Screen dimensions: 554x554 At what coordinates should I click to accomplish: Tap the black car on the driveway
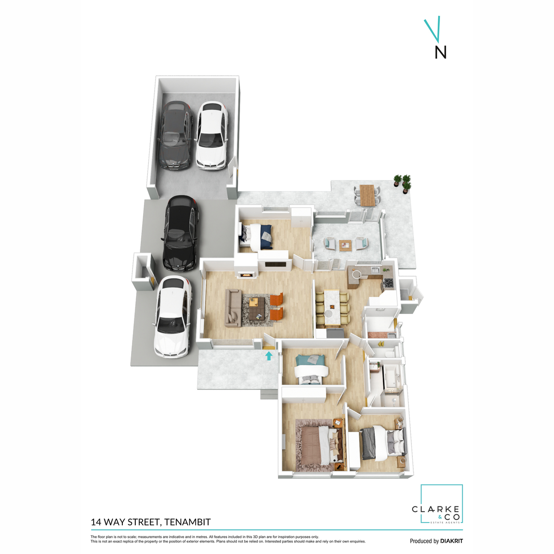pos(181,233)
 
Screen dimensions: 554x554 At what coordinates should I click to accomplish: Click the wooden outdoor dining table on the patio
pos(367,195)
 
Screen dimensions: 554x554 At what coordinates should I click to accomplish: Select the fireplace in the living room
pos(246,275)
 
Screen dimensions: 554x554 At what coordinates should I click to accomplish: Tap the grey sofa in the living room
pos(233,308)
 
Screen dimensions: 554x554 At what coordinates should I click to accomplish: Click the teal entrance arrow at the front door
pos(269,355)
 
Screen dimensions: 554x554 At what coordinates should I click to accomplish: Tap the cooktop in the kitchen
pos(388,283)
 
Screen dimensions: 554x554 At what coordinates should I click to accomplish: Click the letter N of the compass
pos(440,52)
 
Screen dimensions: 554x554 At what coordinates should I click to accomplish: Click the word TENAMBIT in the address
pos(187,522)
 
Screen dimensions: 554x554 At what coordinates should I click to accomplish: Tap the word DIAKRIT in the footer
pos(451,541)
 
